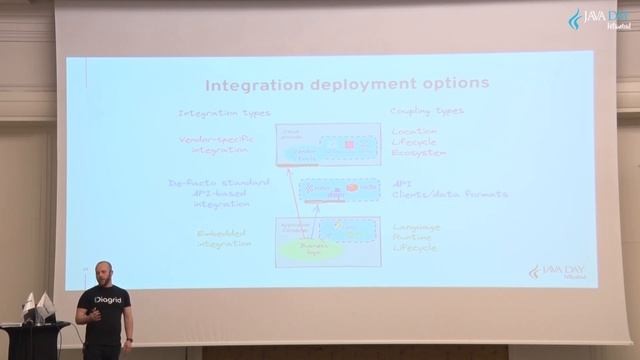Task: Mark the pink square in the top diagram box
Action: [x=349, y=145]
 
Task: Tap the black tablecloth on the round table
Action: [x=35, y=340]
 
